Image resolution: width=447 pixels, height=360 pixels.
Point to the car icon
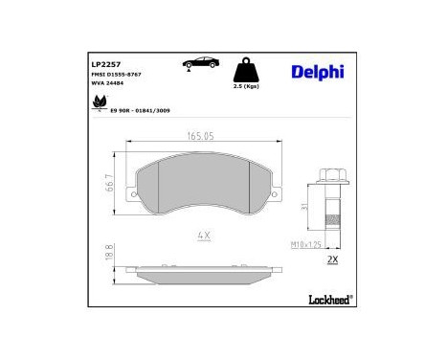(x=201, y=64)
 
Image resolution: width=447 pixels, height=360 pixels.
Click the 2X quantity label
(x=334, y=259)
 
